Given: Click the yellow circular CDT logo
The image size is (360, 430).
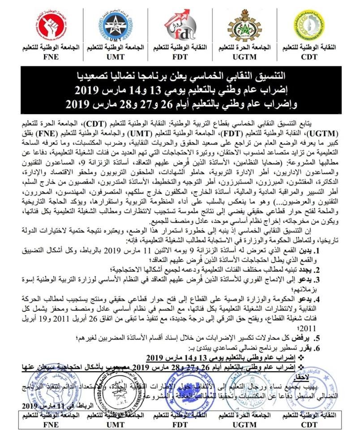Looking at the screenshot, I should tap(313, 26).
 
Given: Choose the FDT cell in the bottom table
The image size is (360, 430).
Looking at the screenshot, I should tap(178, 420).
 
